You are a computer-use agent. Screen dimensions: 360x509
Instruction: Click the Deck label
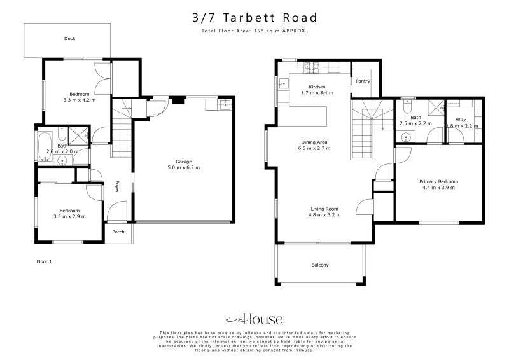(69, 39)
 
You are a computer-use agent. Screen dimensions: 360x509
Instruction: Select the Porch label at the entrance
(118, 232)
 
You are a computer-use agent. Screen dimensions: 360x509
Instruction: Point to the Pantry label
(363, 81)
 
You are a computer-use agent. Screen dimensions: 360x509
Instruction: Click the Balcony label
(319, 265)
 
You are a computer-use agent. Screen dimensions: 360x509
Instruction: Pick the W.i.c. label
(463, 120)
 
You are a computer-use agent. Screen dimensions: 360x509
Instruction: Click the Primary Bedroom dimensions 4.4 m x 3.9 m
(438, 188)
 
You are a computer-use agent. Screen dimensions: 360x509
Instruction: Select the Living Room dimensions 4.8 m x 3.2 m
(324, 215)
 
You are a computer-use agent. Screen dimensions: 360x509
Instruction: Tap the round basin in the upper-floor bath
(406, 136)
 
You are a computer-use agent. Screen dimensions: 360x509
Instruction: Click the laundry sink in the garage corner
(224, 105)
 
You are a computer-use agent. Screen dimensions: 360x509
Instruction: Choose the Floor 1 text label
(43, 261)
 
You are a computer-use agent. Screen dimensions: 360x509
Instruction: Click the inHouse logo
(254, 319)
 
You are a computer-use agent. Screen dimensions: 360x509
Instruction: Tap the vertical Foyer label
(116, 186)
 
